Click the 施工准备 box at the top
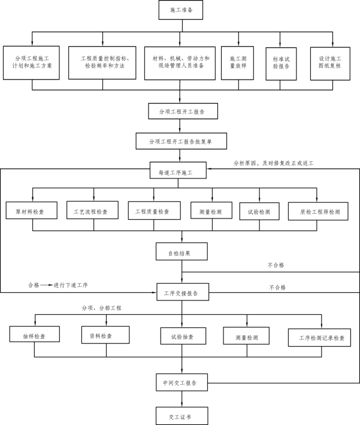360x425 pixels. (x=179, y=10)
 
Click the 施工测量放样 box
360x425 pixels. (x=238, y=63)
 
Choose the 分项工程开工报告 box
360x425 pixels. (x=180, y=112)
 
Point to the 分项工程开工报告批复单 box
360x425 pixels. (x=180, y=142)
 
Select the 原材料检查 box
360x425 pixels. (x=32, y=212)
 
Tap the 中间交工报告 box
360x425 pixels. (x=180, y=382)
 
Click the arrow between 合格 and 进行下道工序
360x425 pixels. (x=47, y=285)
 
